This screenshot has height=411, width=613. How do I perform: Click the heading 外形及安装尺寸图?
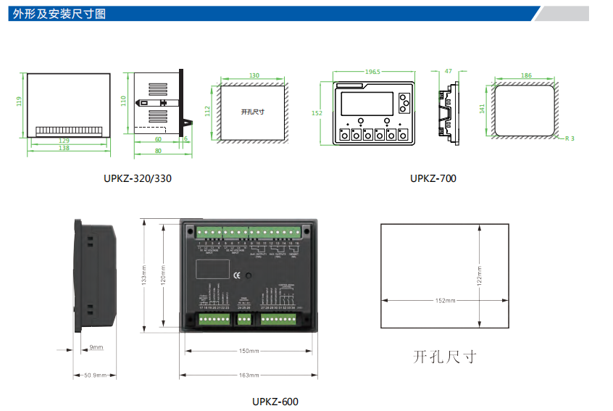(59, 13)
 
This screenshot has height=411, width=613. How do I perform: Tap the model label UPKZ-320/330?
(138, 178)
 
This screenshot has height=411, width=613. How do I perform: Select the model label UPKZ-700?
(433, 178)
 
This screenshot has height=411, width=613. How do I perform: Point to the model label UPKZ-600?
(275, 402)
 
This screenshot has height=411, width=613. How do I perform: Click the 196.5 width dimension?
(372, 72)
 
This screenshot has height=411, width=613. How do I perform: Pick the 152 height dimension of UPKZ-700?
(317, 112)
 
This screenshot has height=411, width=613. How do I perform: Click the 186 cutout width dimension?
(526, 75)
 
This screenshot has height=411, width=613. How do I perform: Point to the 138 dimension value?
(64, 148)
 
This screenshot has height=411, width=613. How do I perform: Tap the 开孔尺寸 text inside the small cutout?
(252, 112)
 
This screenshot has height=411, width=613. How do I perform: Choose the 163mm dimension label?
(249, 375)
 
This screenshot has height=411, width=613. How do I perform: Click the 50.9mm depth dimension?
(95, 375)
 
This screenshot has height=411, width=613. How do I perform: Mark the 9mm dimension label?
(96, 347)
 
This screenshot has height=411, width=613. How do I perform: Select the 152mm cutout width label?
(445, 300)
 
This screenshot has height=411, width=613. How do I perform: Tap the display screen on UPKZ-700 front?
(367, 104)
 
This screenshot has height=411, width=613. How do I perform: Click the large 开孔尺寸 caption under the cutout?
(445, 357)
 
